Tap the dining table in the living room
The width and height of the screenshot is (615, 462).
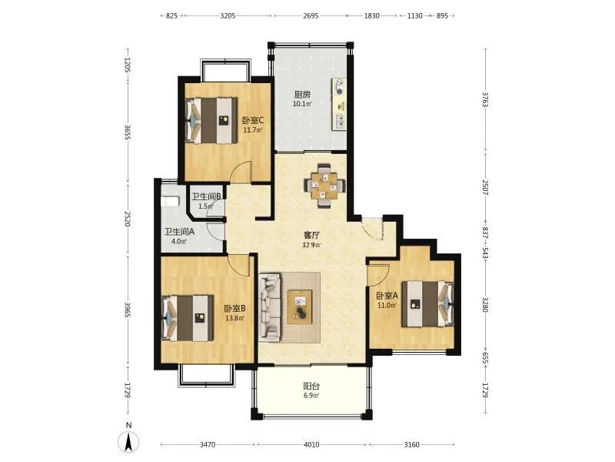(324, 186)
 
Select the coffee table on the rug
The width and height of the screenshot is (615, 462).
(300, 306)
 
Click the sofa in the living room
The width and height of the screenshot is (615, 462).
(270, 307)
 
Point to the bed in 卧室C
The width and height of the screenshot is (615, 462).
(211, 120)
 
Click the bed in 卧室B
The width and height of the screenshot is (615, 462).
(188, 318)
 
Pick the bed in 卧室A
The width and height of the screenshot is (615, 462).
(427, 303)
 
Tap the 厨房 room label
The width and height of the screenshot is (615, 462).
(302, 94)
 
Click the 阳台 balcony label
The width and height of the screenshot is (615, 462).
(311, 387)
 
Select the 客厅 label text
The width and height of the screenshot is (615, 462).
(311, 236)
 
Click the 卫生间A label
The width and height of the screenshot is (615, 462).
(179, 232)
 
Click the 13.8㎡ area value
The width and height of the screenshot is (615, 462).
(235, 318)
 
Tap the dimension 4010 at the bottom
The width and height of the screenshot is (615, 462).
(311, 445)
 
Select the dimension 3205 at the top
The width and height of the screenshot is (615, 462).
(228, 15)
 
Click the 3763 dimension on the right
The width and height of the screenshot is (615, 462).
(485, 100)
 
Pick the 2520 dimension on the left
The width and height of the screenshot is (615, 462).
(127, 219)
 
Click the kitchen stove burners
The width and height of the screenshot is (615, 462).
(339, 87)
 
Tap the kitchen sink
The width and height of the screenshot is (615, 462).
(340, 122)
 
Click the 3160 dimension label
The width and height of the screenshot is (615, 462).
(412, 445)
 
